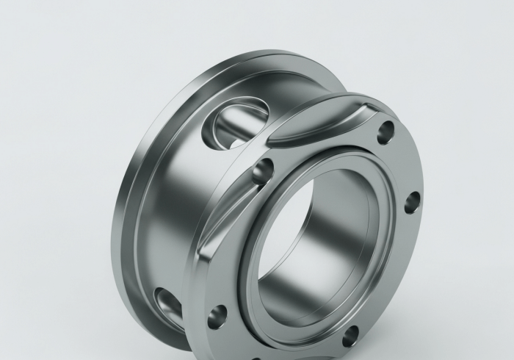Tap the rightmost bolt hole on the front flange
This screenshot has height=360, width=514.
point(412,201)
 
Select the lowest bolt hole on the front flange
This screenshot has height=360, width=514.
point(350,335)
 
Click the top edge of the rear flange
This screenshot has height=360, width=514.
point(242,59)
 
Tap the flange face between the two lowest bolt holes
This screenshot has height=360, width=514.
point(283,342)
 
